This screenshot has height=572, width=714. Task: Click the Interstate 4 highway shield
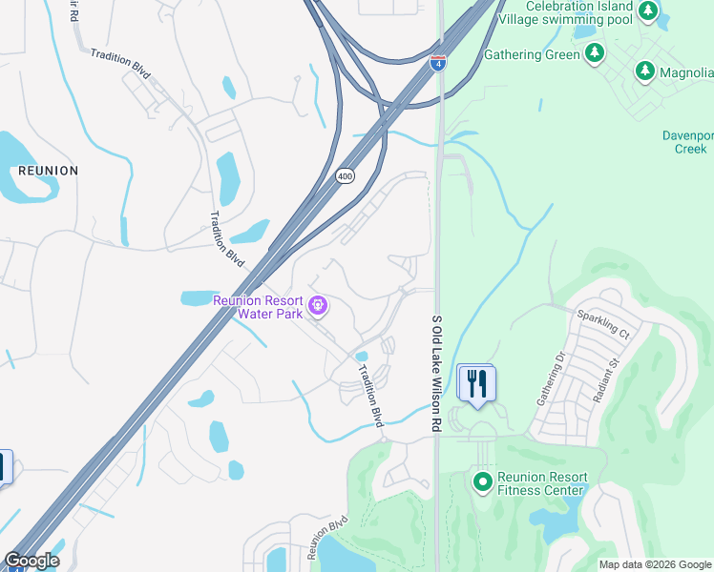[437, 63]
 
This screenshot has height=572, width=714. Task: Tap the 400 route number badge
[345, 176]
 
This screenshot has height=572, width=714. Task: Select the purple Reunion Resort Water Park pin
[319, 306]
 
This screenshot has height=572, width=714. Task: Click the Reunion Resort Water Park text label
[257, 306]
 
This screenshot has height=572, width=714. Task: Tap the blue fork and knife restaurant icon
[475, 383]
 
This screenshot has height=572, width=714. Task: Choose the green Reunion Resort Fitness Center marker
[482, 480]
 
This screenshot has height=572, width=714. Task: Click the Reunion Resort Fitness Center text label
[540, 483]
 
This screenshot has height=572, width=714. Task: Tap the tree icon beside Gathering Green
[596, 53]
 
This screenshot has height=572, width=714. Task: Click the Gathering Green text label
[532, 54]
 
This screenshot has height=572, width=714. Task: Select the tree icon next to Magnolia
[645, 71]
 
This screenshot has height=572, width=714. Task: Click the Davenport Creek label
[688, 142]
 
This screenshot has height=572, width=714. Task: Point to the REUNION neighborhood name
[48, 170]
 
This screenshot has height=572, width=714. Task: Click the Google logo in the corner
[31, 561]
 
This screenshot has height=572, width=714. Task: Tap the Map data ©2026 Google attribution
[654, 564]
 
